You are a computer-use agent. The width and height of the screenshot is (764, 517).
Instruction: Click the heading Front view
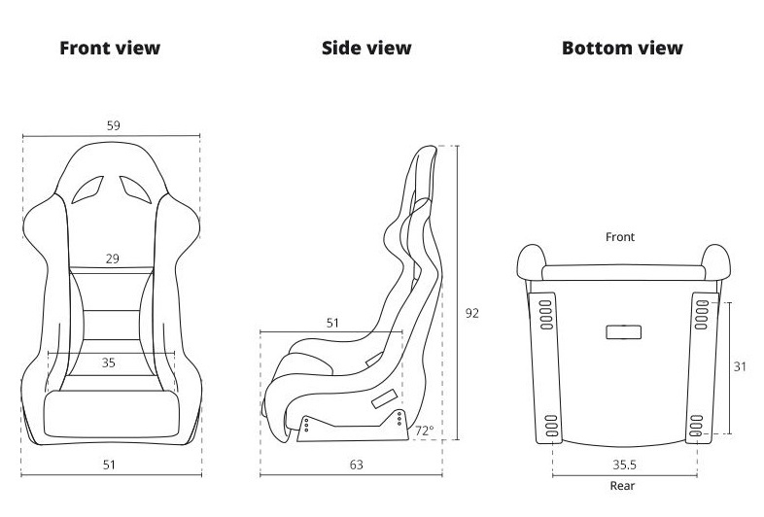click(x=110, y=48)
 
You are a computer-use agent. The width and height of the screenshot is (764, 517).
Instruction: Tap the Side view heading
click(x=366, y=48)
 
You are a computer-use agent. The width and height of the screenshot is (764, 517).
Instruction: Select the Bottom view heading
click(x=622, y=48)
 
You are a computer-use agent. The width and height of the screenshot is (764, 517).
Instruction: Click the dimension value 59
click(x=113, y=125)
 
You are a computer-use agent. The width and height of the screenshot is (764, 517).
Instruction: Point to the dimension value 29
click(x=113, y=258)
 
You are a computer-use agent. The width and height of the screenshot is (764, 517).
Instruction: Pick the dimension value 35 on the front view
click(x=109, y=362)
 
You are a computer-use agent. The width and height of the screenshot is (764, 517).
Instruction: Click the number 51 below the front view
click(x=109, y=465)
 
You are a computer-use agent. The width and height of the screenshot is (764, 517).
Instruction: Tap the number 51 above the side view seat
click(x=332, y=323)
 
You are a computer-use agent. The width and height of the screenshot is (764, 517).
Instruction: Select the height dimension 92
click(x=472, y=313)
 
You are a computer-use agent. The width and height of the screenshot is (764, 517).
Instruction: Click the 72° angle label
click(x=425, y=431)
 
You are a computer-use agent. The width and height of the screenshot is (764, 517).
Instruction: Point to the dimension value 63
click(x=357, y=465)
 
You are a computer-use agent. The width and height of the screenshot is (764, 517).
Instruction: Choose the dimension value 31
click(x=740, y=366)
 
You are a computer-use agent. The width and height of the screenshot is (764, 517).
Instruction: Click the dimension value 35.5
click(x=625, y=465)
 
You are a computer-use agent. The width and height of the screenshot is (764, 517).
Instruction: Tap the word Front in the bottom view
click(x=620, y=237)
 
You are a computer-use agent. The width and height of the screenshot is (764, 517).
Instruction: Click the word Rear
click(x=623, y=486)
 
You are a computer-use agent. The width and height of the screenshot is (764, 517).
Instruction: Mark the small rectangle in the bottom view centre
click(x=624, y=332)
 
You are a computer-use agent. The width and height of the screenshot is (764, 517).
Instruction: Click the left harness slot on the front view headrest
click(x=87, y=190)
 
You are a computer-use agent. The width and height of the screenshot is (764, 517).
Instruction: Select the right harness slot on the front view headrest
click(x=135, y=190)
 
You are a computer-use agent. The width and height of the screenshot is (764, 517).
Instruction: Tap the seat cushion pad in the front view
click(x=112, y=414)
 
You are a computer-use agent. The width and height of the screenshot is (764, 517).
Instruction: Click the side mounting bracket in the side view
click(x=353, y=428)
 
